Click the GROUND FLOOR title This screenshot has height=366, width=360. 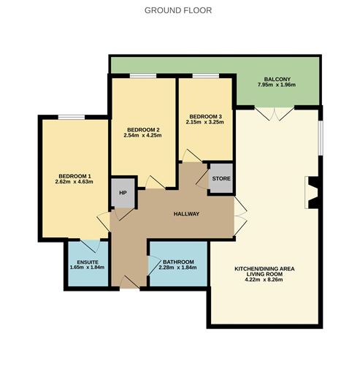click(179, 10)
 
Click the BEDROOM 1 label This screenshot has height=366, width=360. click(74, 176)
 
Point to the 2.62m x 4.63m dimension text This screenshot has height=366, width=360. click(74, 183)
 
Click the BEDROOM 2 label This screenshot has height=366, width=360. click(142, 130)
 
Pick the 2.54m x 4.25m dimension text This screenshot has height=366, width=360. click(142, 137)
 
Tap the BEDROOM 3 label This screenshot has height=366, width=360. click(204, 116)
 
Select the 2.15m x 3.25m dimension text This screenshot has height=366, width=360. click(204, 123)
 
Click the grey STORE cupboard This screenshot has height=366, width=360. click(220, 178)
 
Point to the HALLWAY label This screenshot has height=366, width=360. click(186, 213)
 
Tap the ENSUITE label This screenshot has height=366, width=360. click(87, 262)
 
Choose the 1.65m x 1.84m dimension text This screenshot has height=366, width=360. click(87, 268)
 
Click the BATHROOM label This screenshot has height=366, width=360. click(178, 262)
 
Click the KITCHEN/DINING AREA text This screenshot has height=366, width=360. click(264, 269)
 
